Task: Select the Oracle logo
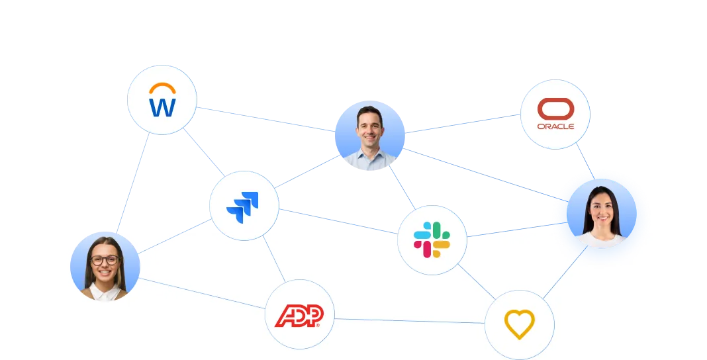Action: pyautogui.click(x=555, y=114)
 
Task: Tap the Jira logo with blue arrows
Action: pyautogui.click(x=242, y=207)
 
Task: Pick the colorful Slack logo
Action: pyautogui.click(x=432, y=240)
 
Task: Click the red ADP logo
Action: pyautogui.click(x=299, y=316)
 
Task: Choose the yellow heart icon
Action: pyautogui.click(x=520, y=324)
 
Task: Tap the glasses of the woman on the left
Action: pyautogui.click(x=105, y=260)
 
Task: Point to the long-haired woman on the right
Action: pyautogui.click(x=602, y=214)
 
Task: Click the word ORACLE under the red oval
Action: pyautogui.click(x=555, y=126)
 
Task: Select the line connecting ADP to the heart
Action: pyautogui.click(x=409, y=321)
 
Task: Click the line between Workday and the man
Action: pyautogui.click(x=266, y=119)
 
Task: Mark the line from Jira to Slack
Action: pyautogui.click(x=338, y=221)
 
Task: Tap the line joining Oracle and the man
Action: pyautogui.click(x=463, y=124)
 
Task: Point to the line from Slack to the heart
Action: pyautogui.click(x=477, y=282)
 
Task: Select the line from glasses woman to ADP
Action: pyautogui.click(x=201, y=293)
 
